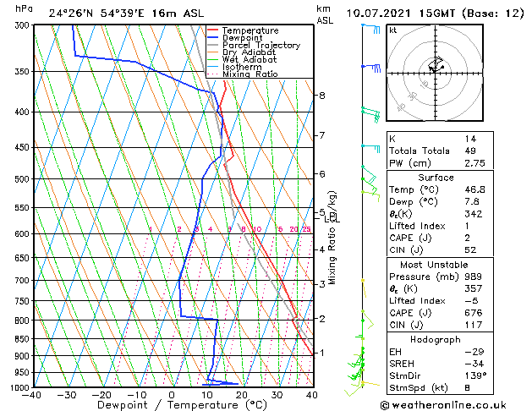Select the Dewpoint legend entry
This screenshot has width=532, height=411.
point(244,38)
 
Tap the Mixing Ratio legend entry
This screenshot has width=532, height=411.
point(250,74)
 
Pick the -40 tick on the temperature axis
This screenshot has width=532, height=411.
point(32,395)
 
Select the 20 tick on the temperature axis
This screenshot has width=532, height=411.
point(241,395)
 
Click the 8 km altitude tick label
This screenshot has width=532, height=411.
point(321,96)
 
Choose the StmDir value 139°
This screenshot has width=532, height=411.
point(474,375)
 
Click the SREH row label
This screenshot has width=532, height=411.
point(402,363)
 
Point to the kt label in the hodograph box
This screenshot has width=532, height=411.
point(392,30)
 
